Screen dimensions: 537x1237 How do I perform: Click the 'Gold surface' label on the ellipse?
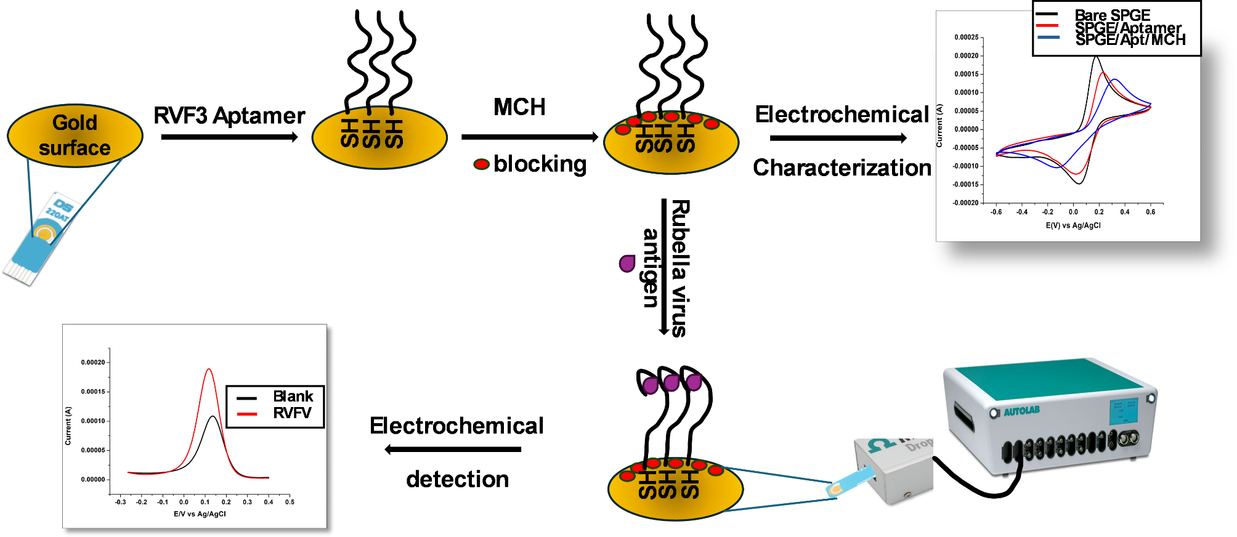pyautogui.click(x=75, y=135)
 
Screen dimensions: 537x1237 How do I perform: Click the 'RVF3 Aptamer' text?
pyautogui.click(x=229, y=116)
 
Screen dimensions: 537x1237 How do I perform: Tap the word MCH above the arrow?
pyautogui.click(x=519, y=107)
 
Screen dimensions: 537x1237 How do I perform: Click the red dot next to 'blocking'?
pyautogui.click(x=481, y=164)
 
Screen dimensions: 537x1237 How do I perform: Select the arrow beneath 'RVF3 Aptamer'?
pyautogui.click(x=229, y=137)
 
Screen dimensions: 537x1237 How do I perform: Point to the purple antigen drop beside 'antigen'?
pyautogui.click(x=627, y=264)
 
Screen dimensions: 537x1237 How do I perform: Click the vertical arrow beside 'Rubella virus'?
pyautogui.click(x=664, y=267)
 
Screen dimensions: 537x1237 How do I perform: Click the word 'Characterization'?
pyautogui.click(x=842, y=168)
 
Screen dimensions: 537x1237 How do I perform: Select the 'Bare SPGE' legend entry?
pyautogui.click(x=1112, y=15)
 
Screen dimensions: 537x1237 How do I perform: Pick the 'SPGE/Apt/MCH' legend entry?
pyautogui.click(x=1130, y=40)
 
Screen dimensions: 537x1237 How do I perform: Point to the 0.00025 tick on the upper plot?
pyautogui.click(x=966, y=38)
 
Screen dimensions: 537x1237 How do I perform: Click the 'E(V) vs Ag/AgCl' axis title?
pyautogui.click(x=1073, y=225)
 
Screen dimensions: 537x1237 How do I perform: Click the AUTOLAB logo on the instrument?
pyautogui.click(x=1021, y=411)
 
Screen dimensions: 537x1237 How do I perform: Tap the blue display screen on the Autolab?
pyautogui.click(x=1123, y=411)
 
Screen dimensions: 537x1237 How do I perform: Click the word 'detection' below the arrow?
pyautogui.click(x=457, y=479)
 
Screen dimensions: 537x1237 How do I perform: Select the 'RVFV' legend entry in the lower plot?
pyautogui.click(x=292, y=413)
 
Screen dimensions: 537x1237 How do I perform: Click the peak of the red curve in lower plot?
pyautogui.click(x=209, y=369)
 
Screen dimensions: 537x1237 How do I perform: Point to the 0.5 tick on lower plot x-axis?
pyautogui.click(x=290, y=502)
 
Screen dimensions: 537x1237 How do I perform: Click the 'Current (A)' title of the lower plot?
pyautogui.click(x=68, y=426)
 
